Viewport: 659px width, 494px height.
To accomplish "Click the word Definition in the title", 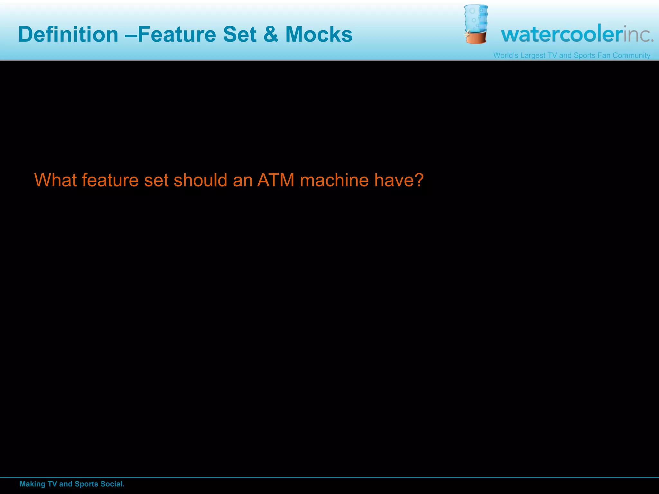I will click(x=68, y=34).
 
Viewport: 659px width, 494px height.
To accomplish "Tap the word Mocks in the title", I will click(x=319, y=34).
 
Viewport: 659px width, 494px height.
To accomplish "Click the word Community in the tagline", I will click(x=631, y=55).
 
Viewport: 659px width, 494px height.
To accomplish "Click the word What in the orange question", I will click(x=55, y=180).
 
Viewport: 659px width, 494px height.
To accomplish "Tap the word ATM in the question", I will click(x=276, y=180).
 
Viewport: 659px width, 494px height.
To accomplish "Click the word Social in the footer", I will click(x=112, y=484).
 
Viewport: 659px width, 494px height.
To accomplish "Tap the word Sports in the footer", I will click(x=86, y=484).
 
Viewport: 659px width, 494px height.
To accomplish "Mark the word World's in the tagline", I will click(x=506, y=55).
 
